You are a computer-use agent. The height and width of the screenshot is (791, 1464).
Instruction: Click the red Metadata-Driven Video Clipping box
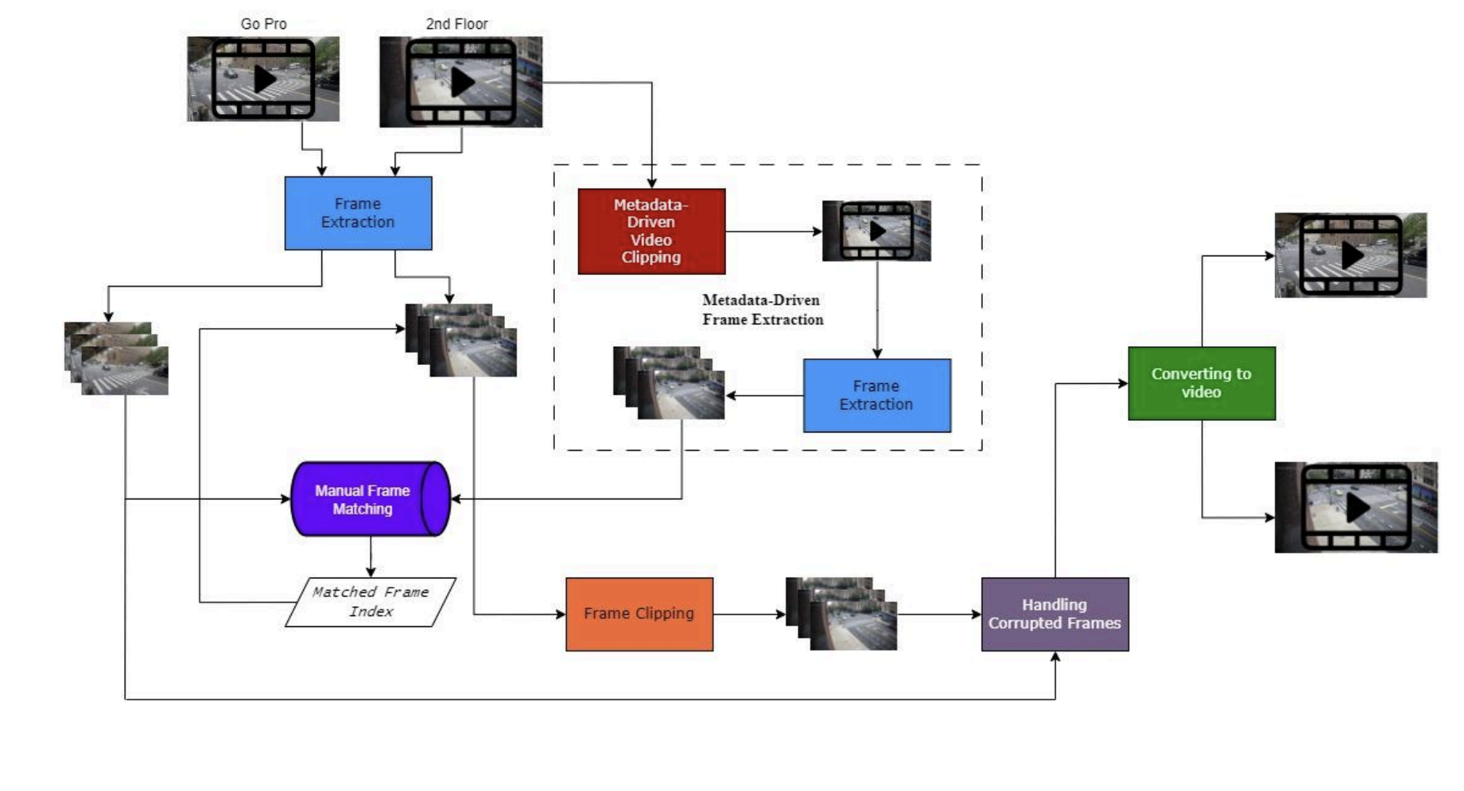(x=651, y=231)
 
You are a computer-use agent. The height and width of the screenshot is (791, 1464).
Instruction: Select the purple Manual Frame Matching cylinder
(x=371, y=499)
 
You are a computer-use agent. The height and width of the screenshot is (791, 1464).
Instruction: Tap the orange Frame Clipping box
(x=639, y=614)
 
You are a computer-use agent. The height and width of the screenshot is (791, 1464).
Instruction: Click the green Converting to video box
(x=1201, y=383)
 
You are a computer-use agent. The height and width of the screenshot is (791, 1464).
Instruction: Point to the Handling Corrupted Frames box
(x=1055, y=614)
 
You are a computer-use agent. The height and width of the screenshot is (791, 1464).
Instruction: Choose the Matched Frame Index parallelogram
(x=371, y=602)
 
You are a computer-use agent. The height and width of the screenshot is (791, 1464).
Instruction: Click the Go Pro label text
(x=263, y=24)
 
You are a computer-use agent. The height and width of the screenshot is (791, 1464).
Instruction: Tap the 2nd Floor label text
(x=457, y=24)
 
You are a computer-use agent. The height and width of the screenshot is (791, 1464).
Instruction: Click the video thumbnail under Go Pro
(x=263, y=79)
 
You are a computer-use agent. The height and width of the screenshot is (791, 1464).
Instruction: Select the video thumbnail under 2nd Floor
(x=461, y=82)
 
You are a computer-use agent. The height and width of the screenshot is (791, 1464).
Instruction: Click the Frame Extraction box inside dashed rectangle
(x=877, y=395)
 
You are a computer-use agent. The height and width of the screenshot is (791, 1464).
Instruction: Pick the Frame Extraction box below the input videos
(x=358, y=213)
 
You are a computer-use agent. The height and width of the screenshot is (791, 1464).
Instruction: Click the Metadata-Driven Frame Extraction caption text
(x=762, y=310)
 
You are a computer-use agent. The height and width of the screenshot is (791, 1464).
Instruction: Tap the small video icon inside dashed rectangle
(x=876, y=231)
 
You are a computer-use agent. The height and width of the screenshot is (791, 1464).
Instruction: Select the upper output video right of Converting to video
(x=1351, y=255)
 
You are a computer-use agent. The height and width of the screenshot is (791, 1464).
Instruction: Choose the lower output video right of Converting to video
(x=1356, y=507)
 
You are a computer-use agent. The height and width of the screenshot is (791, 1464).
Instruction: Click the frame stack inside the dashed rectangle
(x=669, y=382)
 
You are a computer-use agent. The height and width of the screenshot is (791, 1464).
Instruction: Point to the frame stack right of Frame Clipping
(x=842, y=614)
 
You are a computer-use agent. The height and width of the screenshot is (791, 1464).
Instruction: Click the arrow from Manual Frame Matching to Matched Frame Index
(x=371, y=557)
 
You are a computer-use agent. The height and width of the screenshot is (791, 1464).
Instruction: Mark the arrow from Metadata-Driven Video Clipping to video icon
(x=773, y=231)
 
